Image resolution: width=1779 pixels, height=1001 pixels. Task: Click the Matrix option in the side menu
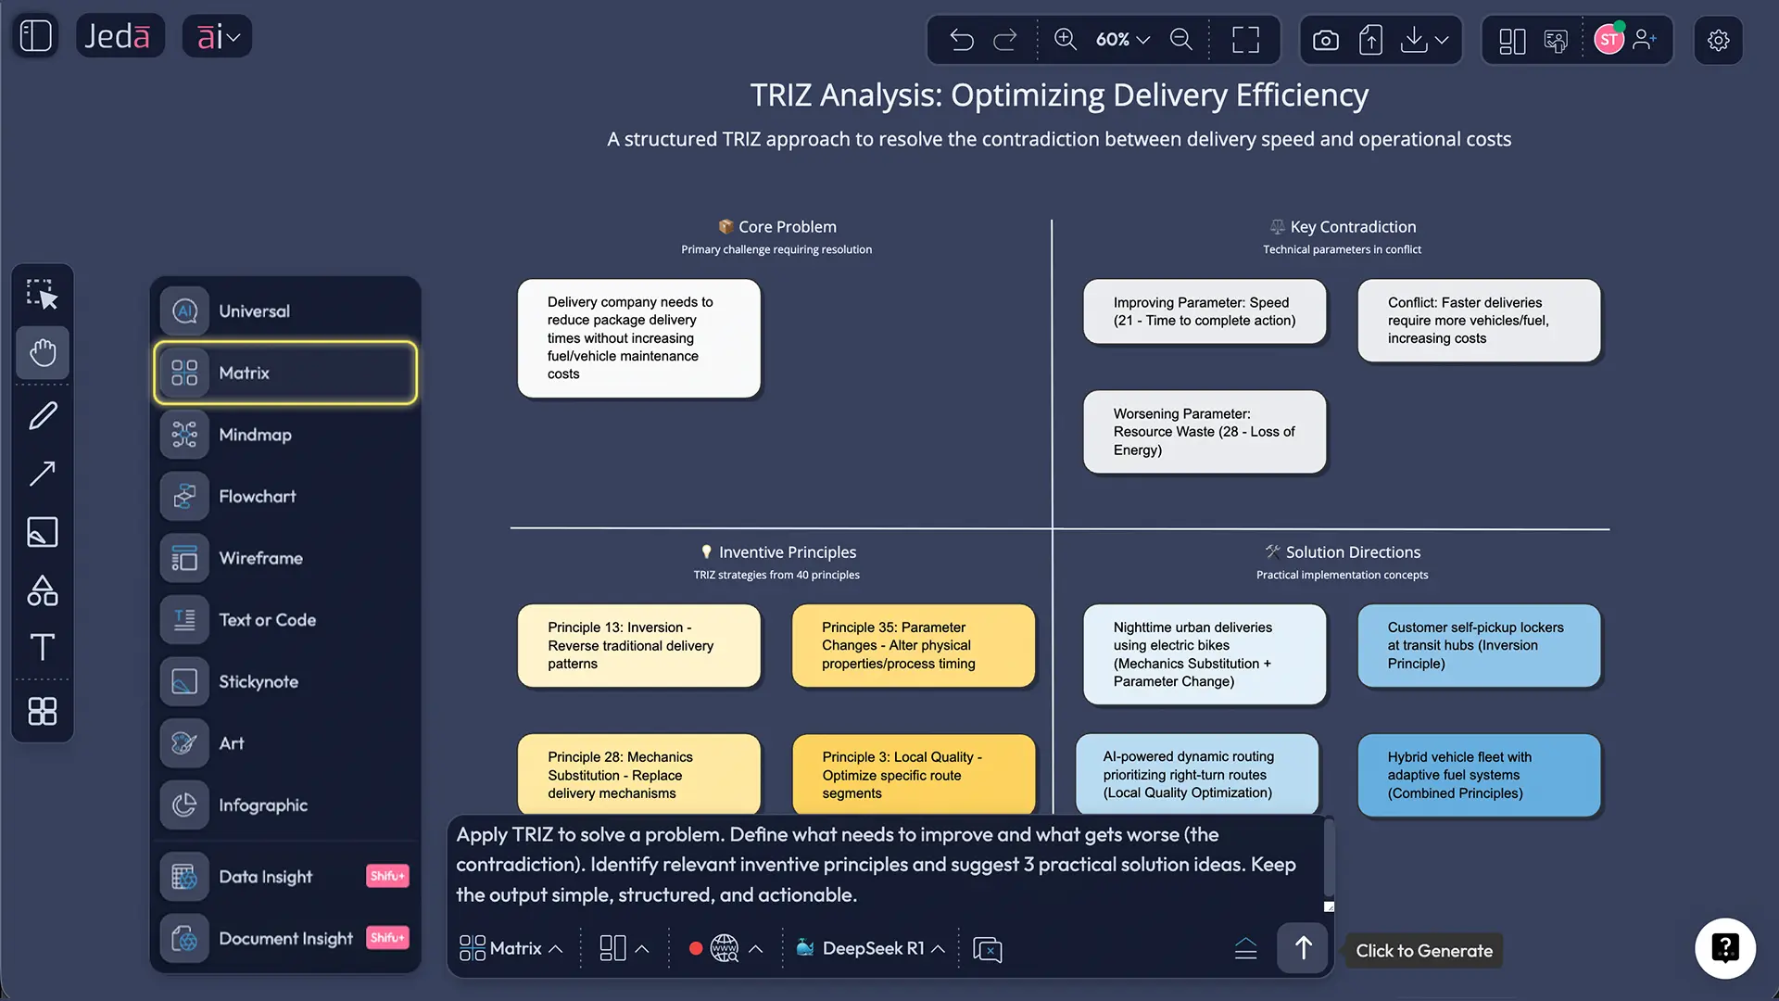285,373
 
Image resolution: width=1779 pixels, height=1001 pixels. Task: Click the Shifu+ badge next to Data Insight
387,876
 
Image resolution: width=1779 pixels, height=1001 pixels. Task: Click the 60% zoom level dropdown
1122,40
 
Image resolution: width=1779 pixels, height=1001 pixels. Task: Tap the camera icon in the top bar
1326,40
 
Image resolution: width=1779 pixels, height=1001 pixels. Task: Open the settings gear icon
1719,40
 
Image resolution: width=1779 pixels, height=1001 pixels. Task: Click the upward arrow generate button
1303,948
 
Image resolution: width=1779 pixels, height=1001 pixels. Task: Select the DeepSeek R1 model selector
871,948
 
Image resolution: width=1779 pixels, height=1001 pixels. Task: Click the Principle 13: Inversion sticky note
639,646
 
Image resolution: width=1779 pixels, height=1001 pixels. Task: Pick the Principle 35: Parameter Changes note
914,646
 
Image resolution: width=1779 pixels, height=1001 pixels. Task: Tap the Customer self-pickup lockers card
1480,646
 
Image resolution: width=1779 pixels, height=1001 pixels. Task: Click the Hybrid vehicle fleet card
1480,776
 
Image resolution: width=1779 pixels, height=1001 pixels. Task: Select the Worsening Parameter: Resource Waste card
1205,432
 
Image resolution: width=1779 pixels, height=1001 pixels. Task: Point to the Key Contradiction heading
1353,227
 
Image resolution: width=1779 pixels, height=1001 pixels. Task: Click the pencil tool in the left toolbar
43,415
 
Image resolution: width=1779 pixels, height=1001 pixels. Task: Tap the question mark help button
1725,948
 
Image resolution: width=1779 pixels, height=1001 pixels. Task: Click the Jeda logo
118,36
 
